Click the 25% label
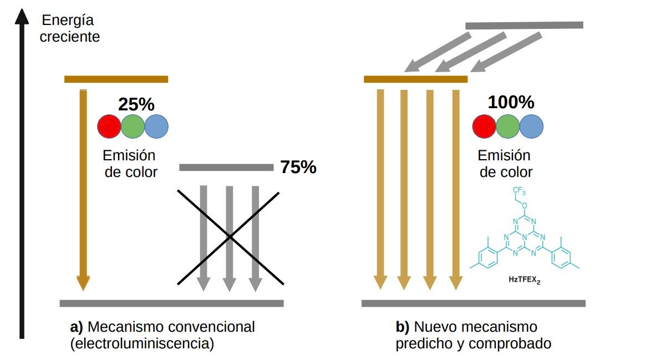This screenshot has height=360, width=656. coord(136,104)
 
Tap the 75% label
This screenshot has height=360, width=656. coord(298,167)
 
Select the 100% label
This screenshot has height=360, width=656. coord(511,102)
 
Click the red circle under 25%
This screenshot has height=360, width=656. coord(109,126)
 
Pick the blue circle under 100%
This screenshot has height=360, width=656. coord(531,126)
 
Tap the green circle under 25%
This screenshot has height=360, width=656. coord(133,126)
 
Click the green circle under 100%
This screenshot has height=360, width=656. coord(508,126)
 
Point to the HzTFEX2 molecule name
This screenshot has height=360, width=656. coord(525,280)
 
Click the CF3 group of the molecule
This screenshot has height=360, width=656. coord(519,190)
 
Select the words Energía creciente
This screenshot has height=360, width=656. coord(69,28)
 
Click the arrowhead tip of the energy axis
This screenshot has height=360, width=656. coord(22,9)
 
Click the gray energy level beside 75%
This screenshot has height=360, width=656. coord(226,168)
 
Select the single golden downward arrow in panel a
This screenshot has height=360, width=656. coord(83,190)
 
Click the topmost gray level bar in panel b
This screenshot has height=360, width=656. coord(524,26)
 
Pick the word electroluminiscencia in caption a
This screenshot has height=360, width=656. coord(143,344)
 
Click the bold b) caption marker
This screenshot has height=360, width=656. coord(403,327)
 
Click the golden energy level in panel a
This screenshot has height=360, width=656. coord(116,79)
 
